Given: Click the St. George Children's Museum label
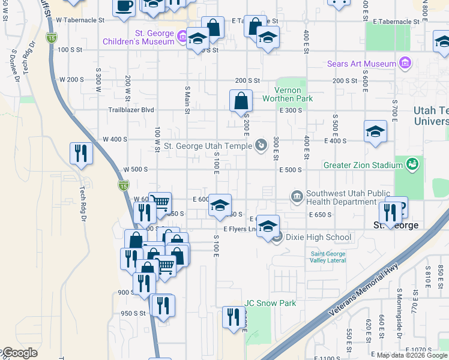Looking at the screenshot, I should [138, 37].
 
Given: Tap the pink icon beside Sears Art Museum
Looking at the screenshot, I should [405, 64].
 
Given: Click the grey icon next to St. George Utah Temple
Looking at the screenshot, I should [261, 145].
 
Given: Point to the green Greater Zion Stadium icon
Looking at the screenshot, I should [412, 164].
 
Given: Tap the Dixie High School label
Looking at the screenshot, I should [318, 237].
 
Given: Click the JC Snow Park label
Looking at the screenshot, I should [270, 303].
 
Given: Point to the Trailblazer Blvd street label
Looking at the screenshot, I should [131, 110].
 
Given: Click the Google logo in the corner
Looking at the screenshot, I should [19, 353].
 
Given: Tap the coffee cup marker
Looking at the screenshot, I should [124, 7].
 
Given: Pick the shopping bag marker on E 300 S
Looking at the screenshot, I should [241, 101].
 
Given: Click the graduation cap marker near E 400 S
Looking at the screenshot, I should [375, 131].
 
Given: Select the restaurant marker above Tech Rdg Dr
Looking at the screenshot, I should [80, 153].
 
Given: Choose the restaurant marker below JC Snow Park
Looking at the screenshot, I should [233, 317].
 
